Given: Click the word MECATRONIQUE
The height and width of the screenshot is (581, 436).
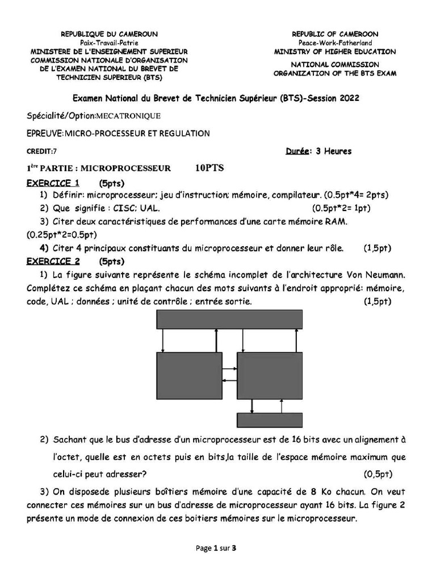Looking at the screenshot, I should [129, 116].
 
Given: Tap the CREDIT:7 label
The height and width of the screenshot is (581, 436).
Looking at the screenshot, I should [42, 151].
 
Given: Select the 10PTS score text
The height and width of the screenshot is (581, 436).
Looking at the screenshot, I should [209, 168].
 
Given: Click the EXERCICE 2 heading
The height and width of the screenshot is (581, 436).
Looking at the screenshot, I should [53, 262].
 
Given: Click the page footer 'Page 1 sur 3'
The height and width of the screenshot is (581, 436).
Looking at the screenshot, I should [215, 548].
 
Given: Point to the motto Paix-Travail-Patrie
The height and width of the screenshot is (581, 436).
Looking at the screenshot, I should [109, 43].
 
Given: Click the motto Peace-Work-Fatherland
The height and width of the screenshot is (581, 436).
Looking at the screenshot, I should [335, 43].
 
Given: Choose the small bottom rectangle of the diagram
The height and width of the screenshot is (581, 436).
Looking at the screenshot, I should [266, 419].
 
